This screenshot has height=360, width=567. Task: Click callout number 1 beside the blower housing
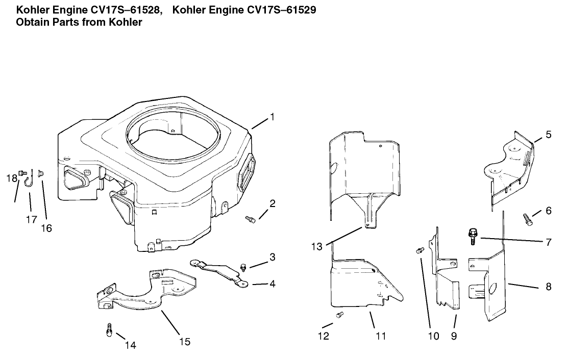tap(272, 117)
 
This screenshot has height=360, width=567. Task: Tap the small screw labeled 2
tap(250, 219)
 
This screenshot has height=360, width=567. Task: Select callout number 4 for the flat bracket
tap(273, 284)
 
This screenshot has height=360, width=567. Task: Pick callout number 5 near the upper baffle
tap(548, 135)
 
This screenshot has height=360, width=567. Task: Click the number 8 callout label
tap(548, 287)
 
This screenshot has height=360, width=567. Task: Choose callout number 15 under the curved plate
tap(185, 341)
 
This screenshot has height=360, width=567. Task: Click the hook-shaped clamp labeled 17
tap(29, 178)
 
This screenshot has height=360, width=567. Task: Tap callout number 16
tap(46, 228)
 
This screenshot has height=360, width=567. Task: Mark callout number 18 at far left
tap(11, 178)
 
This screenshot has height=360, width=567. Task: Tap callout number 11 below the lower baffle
tap(381, 336)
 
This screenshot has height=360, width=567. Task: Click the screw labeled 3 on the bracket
tap(243, 267)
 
